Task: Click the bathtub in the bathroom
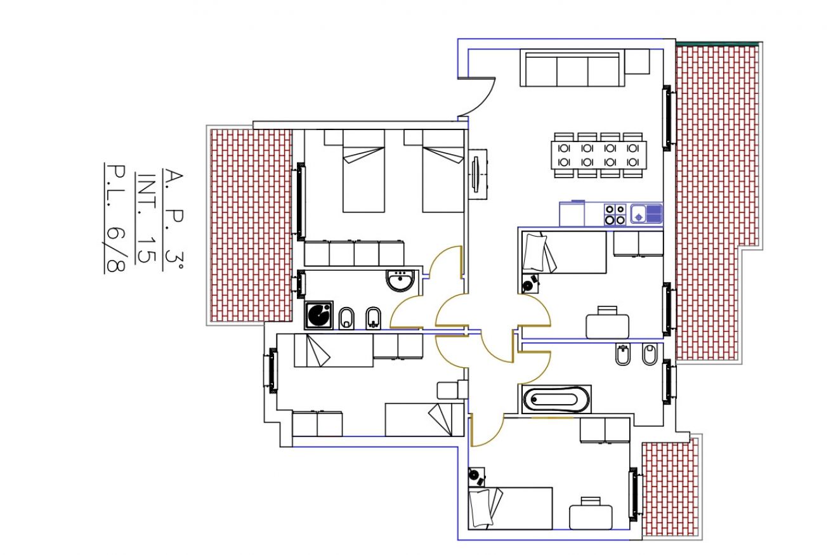coord(556,400)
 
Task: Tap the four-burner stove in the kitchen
coord(615,214)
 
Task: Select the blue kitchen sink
coord(646,214)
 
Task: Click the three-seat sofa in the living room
coord(572,68)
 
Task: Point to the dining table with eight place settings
coord(598,155)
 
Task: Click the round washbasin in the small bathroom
coord(400,280)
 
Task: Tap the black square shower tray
coord(318,315)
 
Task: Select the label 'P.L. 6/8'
coord(115,218)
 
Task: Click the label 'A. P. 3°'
coord(173,219)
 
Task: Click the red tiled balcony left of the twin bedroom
coord(251,225)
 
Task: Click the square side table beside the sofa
coord(637,62)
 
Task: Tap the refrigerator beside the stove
coord(572,213)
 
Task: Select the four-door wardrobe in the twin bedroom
coord(355,253)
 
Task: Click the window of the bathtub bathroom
coord(668,381)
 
